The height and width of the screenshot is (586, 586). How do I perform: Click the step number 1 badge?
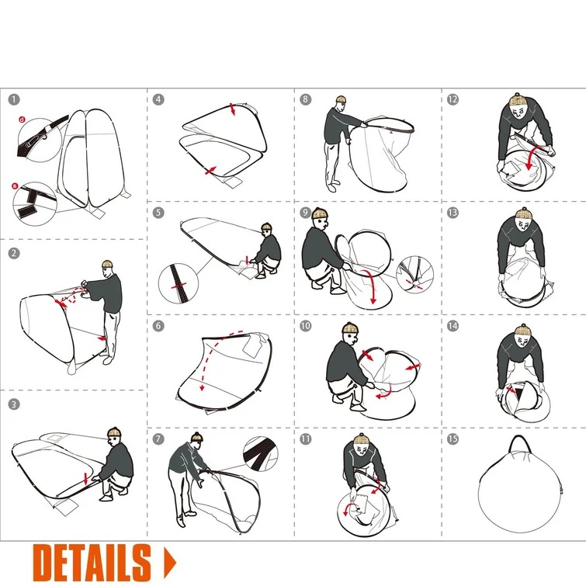pos(14,100)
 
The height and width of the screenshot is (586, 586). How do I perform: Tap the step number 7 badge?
pos(158,439)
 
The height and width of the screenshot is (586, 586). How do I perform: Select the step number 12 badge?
pos(453,99)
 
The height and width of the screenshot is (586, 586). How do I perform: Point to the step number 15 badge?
pos(453,439)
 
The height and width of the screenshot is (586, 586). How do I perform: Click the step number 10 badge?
pos(305,326)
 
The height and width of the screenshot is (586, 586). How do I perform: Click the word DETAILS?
pos(92,563)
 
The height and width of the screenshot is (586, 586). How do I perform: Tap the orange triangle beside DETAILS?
pos(170,563)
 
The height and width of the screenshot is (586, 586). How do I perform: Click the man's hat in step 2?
pos(107,264)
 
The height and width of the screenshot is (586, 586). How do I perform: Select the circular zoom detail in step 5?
pos(179,283)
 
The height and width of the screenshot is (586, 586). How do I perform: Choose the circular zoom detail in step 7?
pos(261,454)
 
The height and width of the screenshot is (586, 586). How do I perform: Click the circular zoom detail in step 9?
pos(414,275)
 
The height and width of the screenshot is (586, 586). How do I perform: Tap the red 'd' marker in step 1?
pos(22,120)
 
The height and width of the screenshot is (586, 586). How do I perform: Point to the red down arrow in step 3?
pos(86,479)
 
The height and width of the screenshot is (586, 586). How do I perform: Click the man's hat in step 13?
pos(523,214)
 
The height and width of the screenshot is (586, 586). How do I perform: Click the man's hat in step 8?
pos(341,99)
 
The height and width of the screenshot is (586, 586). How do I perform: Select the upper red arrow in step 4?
pos(232,109)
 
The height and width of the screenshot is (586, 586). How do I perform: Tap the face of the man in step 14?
pos(522,341)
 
